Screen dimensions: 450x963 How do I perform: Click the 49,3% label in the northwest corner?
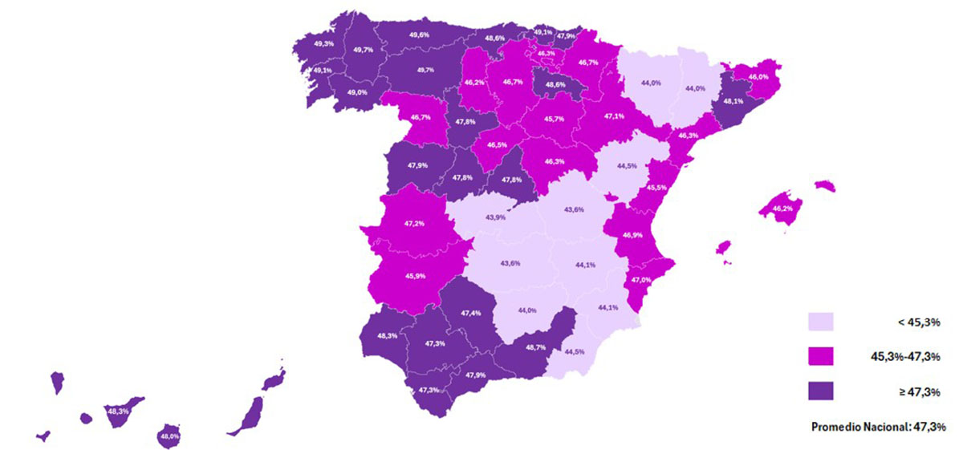click(324, 43)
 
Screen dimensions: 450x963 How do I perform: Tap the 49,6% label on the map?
click(418, 35)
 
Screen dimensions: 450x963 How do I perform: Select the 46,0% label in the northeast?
click(758, 76)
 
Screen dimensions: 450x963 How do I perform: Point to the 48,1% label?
click(733, 102)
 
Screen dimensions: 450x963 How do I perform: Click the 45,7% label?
click(555, 120)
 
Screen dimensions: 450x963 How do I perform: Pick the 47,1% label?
click(615, 117)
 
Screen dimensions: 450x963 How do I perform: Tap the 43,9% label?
click(495, 217)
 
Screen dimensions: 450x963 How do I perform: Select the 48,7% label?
click(536, 348)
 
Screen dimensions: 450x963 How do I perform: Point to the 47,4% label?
click(471, 313)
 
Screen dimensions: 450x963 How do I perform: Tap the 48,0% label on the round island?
click(169, 436)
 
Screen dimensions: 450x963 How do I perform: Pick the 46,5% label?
click(497, 146)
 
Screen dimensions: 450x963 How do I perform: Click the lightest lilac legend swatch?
click(820, 322)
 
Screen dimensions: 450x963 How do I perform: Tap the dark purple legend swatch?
click(820, 391)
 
